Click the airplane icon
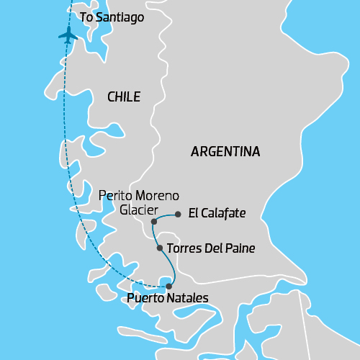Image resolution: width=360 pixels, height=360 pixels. click(x=68, y=35)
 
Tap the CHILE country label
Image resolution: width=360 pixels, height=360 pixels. click(x=123, y=97)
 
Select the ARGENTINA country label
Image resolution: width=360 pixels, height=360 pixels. click(x=225, y=152)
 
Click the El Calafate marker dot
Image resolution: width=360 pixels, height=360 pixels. click(x=178, y=213)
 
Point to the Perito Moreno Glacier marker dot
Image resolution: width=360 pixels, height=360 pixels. click(x=154, y=222)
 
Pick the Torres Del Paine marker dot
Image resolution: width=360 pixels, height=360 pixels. click(x=160, y=248)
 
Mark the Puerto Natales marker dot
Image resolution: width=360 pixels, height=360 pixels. click(x=169, y=287)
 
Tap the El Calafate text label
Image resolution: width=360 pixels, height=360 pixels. click(x=217, y=213)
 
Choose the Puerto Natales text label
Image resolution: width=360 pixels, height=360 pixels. click(x=167, y=298)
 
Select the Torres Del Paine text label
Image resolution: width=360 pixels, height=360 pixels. click(x=211, y=248)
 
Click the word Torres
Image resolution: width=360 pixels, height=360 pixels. click(x=183, y=248)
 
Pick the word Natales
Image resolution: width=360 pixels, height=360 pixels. click(x=186, y=298)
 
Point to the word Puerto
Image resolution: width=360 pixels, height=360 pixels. click(x=144, y=298)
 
